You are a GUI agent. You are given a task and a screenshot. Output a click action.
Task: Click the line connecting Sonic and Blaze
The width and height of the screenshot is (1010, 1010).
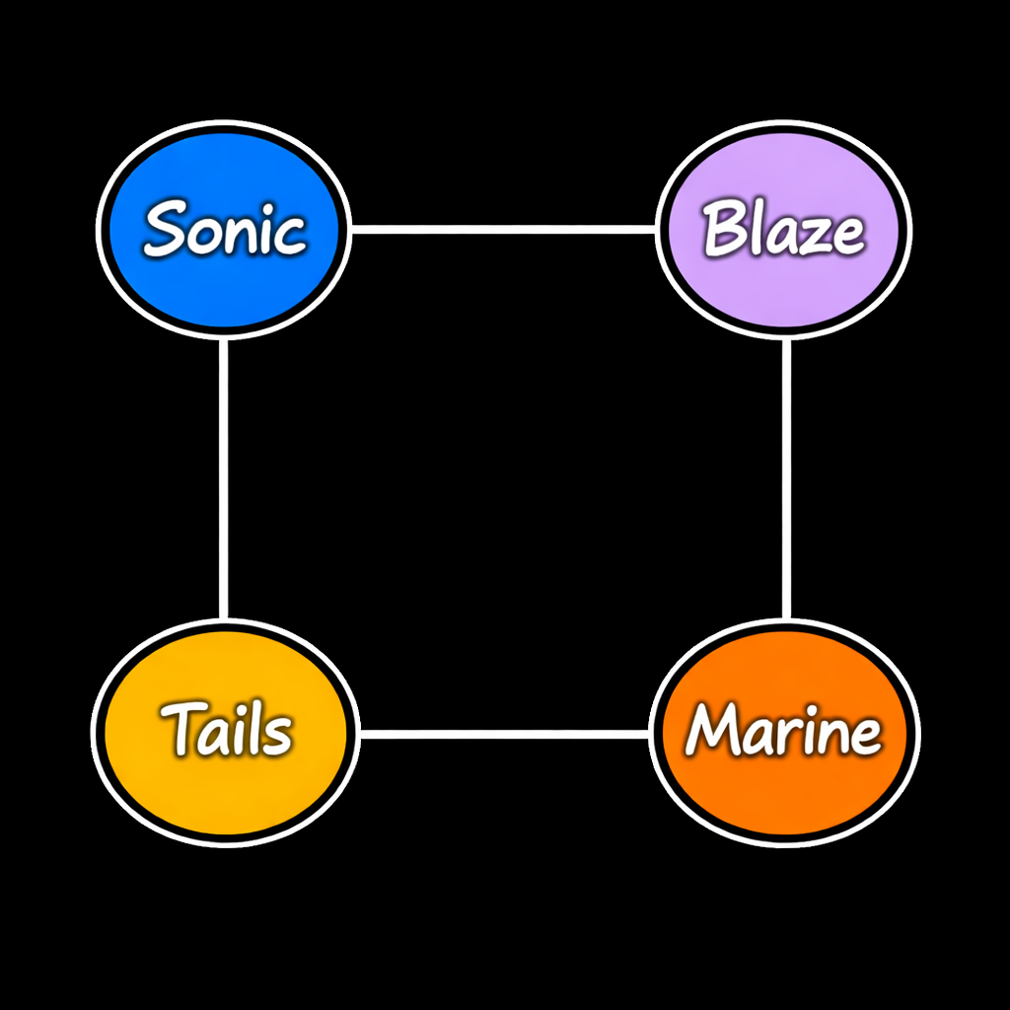pos(503,230)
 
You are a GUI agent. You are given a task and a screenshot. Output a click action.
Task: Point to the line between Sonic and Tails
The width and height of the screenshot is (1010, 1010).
pos(224,478)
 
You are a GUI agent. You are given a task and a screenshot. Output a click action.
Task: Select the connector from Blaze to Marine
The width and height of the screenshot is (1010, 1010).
pos(786,478)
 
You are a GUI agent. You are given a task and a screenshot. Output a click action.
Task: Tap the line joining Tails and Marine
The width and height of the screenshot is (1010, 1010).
pos(503,734)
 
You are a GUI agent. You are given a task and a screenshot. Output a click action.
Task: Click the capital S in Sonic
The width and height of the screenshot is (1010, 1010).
pos(165,228)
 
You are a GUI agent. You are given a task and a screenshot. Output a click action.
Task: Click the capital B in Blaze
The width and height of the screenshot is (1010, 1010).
pos(723,229)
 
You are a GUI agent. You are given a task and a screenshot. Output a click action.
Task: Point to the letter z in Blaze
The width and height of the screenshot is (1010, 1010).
pos(814,236)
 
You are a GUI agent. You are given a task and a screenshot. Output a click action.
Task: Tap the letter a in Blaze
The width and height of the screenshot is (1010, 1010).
pos(781,236)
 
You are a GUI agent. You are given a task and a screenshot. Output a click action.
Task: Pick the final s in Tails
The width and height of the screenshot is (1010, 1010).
pos(276,735)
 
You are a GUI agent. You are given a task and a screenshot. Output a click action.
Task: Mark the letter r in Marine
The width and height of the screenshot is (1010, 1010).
pos(786,736)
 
